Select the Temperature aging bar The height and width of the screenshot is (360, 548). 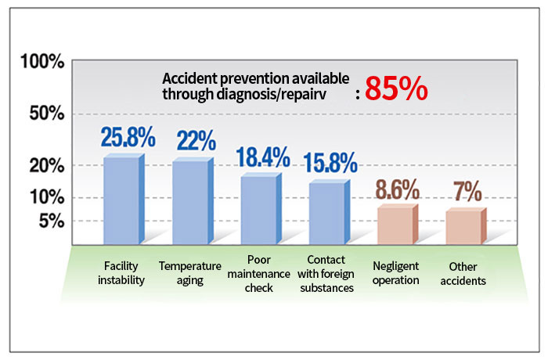(x=192, y=203)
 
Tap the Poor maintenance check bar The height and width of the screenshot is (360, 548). (x=259, y=210)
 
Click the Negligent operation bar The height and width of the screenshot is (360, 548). (x=396, y=225)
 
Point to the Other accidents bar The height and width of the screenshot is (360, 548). (x=463, y=227)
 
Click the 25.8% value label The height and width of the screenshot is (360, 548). (x=128, y=138)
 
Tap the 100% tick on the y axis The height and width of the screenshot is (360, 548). (x=41, y=62)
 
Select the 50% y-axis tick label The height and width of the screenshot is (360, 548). (x=45, y=114)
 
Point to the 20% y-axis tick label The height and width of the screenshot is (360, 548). (x=45, y=165)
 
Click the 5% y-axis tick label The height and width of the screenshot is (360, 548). (x=50, y=221)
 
